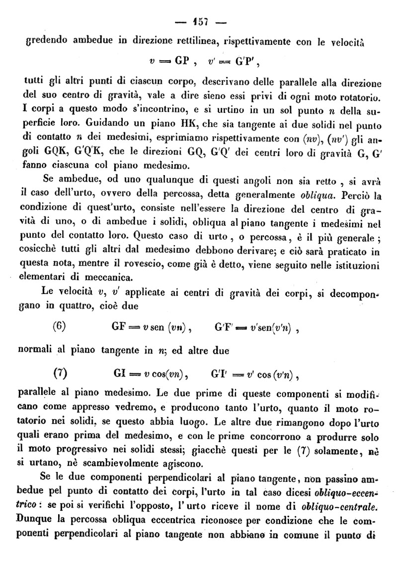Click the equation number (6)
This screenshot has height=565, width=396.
(60, 327)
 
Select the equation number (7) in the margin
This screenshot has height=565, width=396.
(60, 373)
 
